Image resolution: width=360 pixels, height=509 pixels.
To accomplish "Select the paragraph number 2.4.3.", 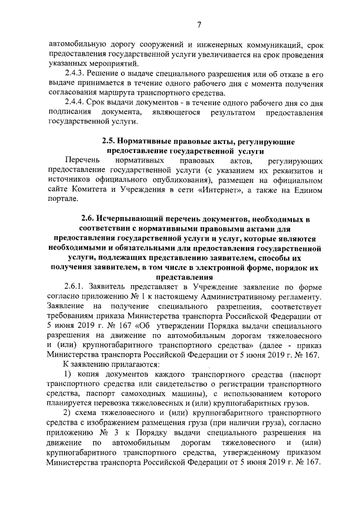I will [x=75, y=75].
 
